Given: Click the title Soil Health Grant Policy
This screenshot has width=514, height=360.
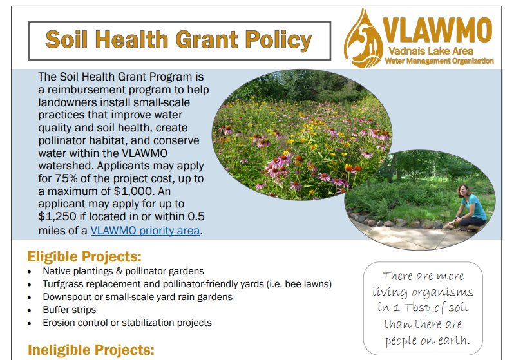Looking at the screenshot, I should pyautogui.click(x=178, y=40).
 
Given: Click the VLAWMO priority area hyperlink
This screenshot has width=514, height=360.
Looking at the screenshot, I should pyautogui.click(x=145, y=230).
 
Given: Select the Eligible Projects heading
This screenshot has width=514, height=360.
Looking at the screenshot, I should pyautogui.click(x=84, y=256).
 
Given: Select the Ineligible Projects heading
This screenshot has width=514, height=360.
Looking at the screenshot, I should pyautogui.click(x=91, y=350).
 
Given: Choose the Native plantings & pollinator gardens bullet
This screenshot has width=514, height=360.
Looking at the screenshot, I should pyautogui.click(x=123, y=271).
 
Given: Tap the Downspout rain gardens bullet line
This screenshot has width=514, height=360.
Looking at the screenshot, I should pyautogui.click(x=137, y=297).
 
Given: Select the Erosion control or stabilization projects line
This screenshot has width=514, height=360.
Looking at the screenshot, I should pyautogui.click(x=127, y=323).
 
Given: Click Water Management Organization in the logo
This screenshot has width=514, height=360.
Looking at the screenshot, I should pyautogui.click(x=439, y=61).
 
